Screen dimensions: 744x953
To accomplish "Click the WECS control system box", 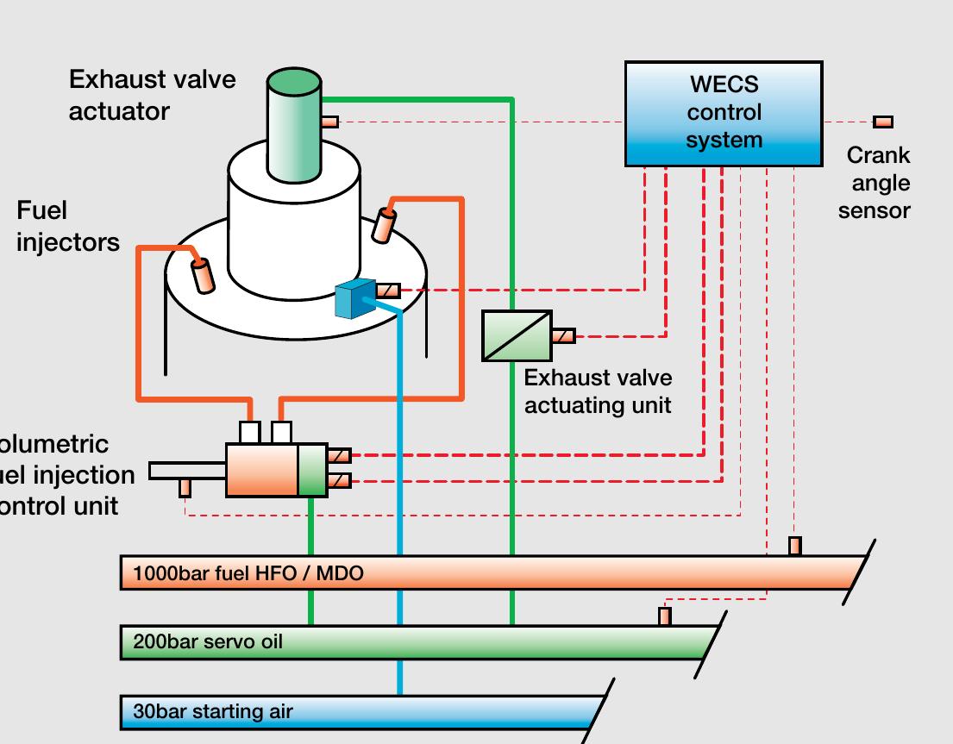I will click(724, 113).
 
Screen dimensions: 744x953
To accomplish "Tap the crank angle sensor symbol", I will click(883, 122).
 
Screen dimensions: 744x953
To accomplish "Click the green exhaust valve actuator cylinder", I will click(294, 129).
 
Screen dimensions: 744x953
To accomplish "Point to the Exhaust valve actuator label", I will click(152, 95).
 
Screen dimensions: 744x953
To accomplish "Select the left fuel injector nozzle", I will click(204, 275).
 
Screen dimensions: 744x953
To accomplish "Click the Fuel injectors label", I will click(67, 227).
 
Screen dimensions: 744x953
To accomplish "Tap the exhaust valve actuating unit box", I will click(517, 335).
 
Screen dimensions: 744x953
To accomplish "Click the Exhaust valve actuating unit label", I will click(598, 391).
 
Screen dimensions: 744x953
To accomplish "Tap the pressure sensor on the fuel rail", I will click(795, 546).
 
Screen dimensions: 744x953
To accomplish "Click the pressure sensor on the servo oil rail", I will click(665, 616).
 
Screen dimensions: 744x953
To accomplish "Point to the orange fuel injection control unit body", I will click(262, 470).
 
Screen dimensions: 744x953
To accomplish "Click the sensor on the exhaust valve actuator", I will click(330, 122).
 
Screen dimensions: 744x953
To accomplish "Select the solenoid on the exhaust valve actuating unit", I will click(563, 335).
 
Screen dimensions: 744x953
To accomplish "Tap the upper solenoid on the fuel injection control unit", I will click(340, 455).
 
